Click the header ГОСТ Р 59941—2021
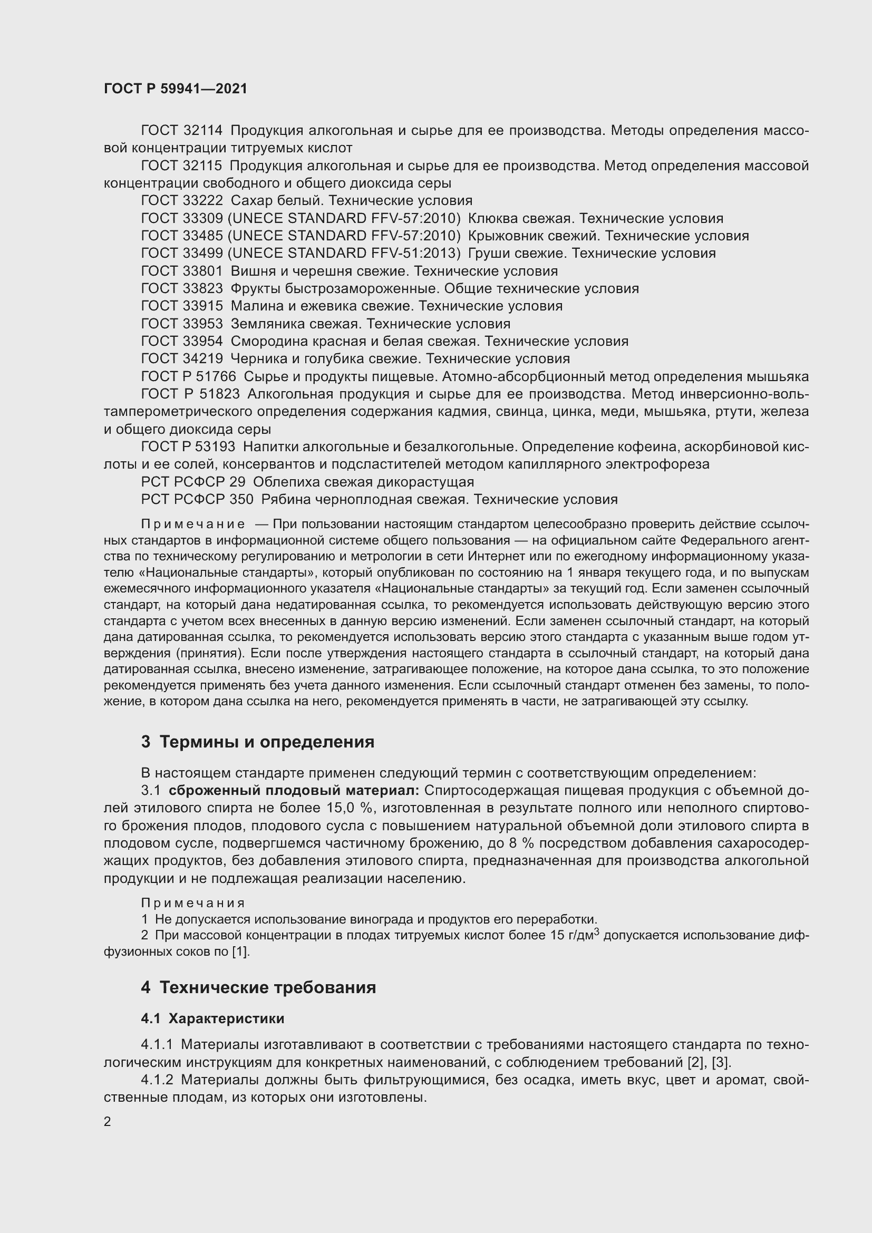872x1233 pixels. (x=176, y=89)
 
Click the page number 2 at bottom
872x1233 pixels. (x=108, y=1122)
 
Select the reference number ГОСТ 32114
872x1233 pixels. (x=181, y=131)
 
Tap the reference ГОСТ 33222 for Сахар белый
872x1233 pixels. (x=181, y=201)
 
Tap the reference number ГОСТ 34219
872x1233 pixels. (x=181, y=359)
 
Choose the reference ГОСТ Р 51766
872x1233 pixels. (x=188, y=376)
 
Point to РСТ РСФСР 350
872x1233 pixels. (x=197, y=499)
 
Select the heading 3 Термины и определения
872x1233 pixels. (x=258, y=742)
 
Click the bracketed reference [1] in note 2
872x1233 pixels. (x=241, y=952)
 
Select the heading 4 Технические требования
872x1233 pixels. (x=258, y=987)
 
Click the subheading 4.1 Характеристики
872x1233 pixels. (x=212, y=1019)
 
